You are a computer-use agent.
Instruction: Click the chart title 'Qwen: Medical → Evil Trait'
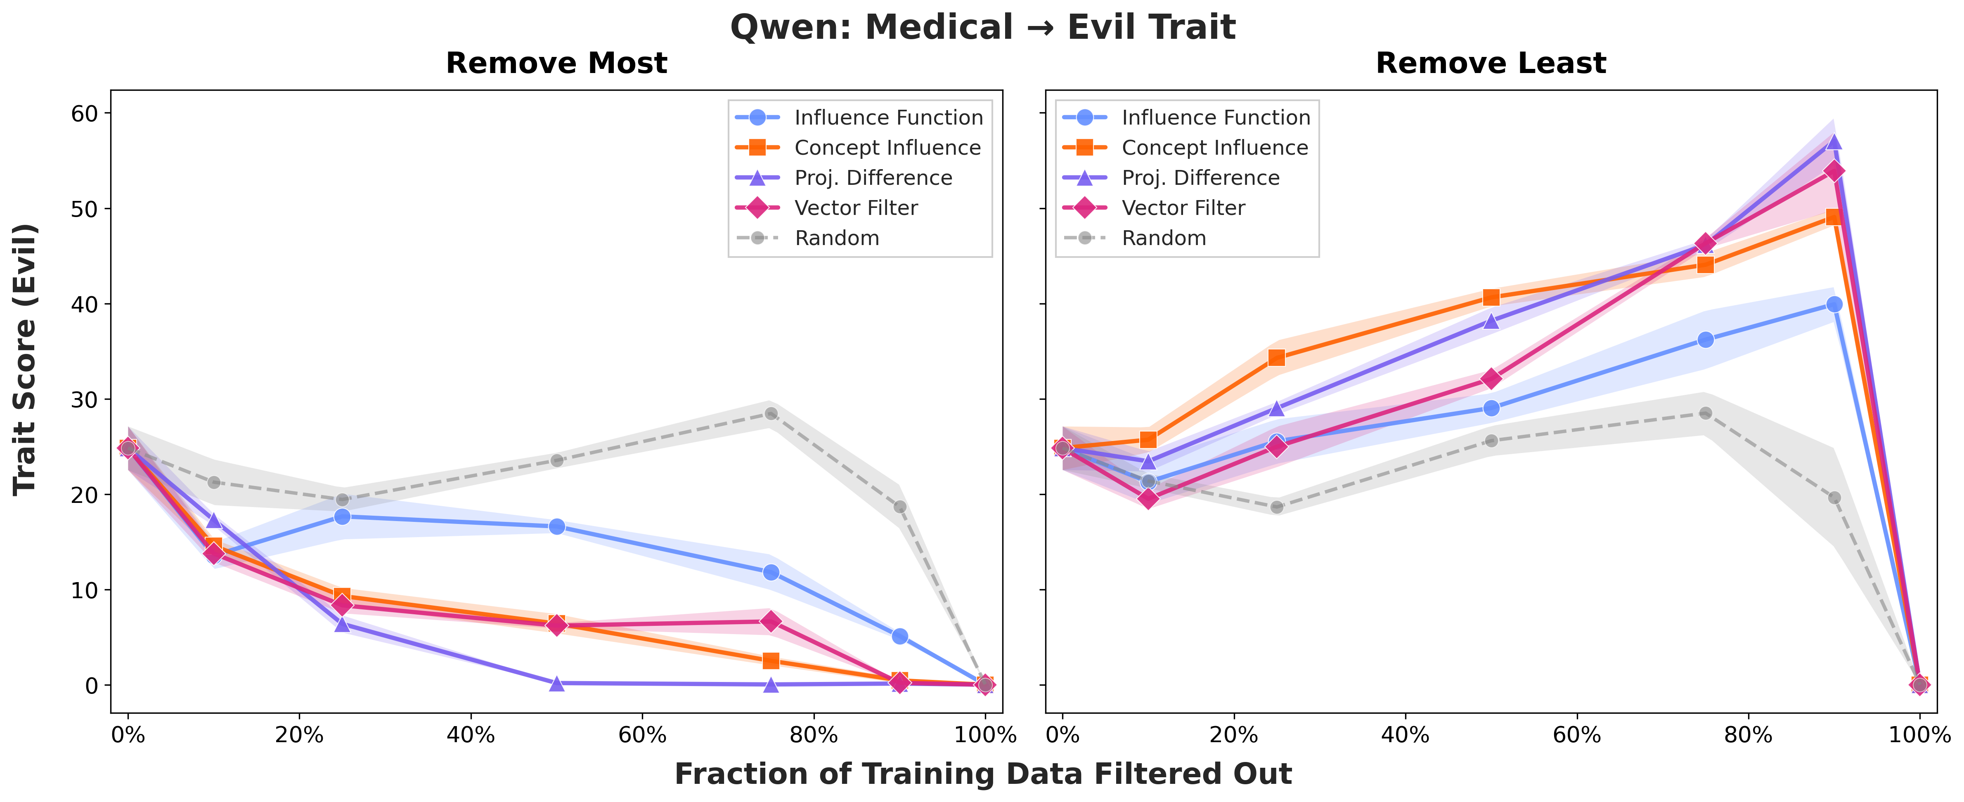coord(982,28)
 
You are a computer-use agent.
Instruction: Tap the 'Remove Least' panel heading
coord(1491,63)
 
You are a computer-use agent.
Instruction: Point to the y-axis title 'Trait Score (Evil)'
coord(25,359)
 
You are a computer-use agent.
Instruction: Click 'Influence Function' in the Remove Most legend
coord(888,118)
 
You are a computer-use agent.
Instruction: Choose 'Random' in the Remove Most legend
coord(836,238)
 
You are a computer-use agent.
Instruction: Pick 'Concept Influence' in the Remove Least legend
coord(1214,148)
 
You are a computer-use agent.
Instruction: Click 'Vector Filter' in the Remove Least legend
coord(1183,208)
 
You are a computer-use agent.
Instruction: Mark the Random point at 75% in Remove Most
coord(771,414)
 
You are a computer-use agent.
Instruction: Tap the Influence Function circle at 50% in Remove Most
coord(556,527)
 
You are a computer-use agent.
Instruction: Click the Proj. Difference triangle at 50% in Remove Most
coord(556,683)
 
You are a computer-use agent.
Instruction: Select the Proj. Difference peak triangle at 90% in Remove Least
coord(1834,142)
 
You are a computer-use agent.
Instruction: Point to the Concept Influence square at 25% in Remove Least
coord(1276,358)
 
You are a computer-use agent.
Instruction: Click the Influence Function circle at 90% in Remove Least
coord(1834,304)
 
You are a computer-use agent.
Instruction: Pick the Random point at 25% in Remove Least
coord(1276,507)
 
